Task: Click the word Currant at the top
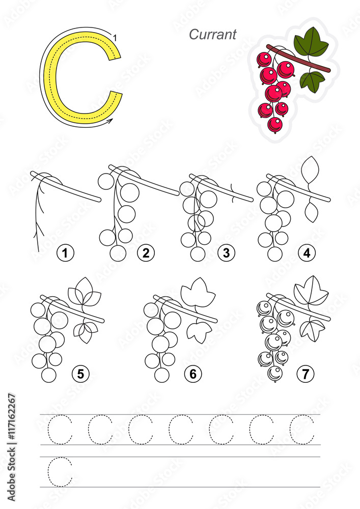point(212,35)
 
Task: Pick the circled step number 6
point(192,374)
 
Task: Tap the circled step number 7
point(305,374)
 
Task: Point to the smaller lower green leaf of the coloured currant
point(312,80)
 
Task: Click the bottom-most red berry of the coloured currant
point(275,124)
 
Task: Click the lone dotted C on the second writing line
point(60,472)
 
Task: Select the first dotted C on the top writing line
point(60,430)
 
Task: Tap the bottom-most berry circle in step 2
point(118,253)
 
